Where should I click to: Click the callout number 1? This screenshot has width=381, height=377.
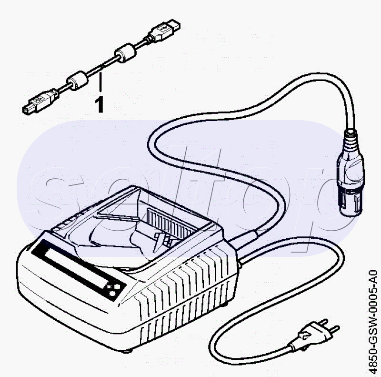coord(99,104)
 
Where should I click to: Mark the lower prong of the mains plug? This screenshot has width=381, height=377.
coord(335,330)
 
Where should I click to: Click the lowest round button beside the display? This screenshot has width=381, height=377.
coord(112,294)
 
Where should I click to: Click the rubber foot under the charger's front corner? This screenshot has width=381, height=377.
coord(128,351)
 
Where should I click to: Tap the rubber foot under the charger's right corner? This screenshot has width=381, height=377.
coord(225,304)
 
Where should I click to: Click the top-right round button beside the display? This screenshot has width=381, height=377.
coord(117,287)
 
